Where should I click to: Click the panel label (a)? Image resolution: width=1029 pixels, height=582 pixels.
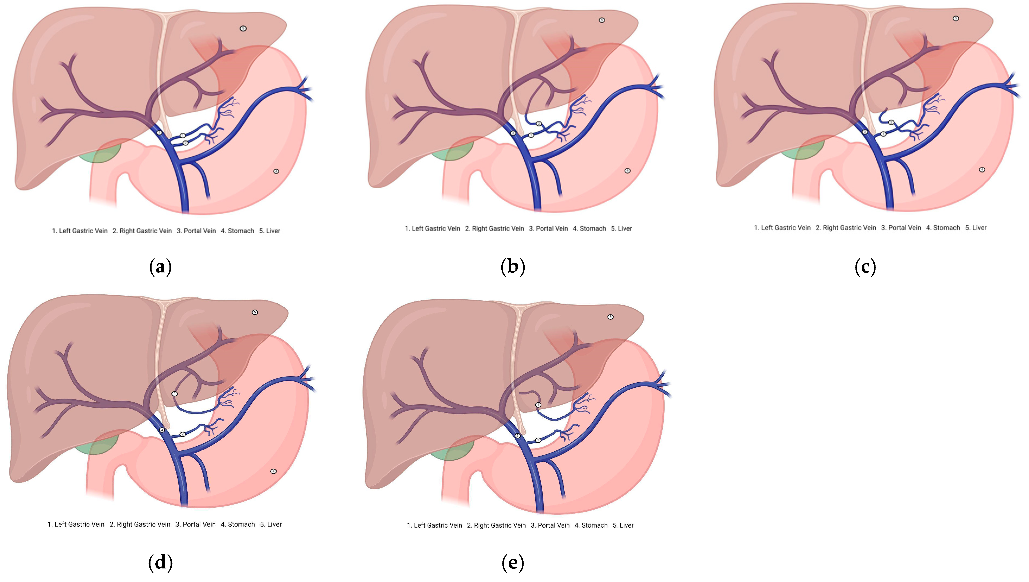pos(160,267)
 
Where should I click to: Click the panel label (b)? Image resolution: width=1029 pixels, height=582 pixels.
pos(512,267)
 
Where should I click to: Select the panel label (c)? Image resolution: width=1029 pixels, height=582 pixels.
pos(865,267)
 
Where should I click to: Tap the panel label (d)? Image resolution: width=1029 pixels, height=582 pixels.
pos(160,562)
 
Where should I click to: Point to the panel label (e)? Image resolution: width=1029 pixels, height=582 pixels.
pos(512,562)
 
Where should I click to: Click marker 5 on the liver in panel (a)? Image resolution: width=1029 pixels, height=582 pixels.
pos(243,28)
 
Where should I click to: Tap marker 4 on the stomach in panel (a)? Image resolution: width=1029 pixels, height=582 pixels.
pos(276,171)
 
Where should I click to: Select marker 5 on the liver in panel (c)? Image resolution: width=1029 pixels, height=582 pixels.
pos(956,18)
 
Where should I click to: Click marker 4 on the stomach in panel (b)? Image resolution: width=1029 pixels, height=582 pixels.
pos(627,171)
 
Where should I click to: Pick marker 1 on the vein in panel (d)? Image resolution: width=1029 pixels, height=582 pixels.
pos(175,394)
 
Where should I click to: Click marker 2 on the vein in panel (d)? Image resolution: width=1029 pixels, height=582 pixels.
pos(182,434)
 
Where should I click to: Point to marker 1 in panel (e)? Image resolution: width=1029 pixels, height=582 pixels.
pos(538,405)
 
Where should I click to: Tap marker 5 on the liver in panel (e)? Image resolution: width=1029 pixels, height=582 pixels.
pos(610,317)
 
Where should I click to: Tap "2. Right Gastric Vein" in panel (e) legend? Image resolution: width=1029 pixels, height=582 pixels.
pos(496,526)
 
